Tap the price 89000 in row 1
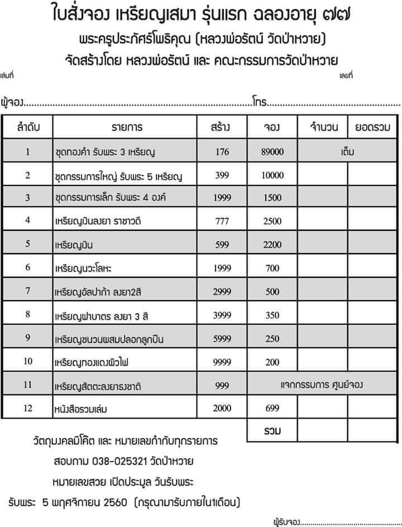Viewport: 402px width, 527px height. pos(272,151)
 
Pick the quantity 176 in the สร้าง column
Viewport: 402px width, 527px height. pos(222,151)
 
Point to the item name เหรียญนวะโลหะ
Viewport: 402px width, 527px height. pos(83,268)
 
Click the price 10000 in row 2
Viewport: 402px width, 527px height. pos(272,175)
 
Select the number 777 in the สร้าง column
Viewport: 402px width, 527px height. pos(222,221)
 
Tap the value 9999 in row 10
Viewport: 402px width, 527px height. pos(222,362)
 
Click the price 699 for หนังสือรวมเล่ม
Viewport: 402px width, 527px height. pos(272,408)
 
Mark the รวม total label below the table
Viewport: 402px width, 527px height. pos(272,431)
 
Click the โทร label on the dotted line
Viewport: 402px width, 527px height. pos(260,103)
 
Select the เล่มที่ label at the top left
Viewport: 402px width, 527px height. pos(7,75)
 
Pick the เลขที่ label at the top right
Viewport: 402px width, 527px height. pos(346,75)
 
